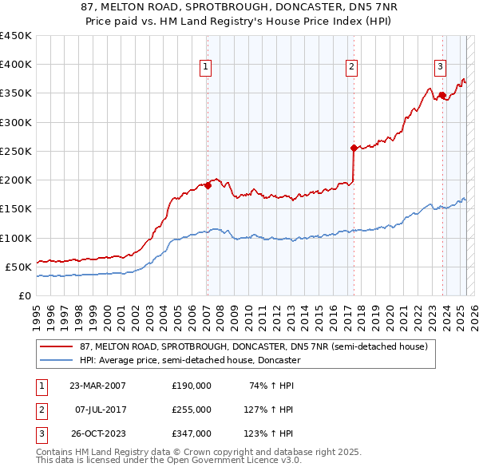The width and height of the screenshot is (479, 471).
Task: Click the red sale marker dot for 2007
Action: (x=208, y=185)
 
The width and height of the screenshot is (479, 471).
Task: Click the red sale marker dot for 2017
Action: (x=353, y=148)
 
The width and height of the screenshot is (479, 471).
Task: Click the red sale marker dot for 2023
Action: (x=441, y=95)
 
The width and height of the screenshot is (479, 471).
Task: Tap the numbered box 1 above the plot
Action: (x=206, y=67)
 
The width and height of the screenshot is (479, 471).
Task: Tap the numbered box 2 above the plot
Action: (x=352, y=67)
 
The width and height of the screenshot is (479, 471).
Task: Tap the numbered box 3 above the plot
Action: (x=440, y=67)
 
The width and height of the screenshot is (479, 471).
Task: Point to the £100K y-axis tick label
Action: (x=16, y=238)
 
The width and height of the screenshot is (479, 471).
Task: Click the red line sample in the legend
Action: (x=57, y=346)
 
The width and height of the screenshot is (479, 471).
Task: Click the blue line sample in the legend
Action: (x=57, y=360)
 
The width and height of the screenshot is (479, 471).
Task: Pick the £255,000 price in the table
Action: (x=192, y=410)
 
